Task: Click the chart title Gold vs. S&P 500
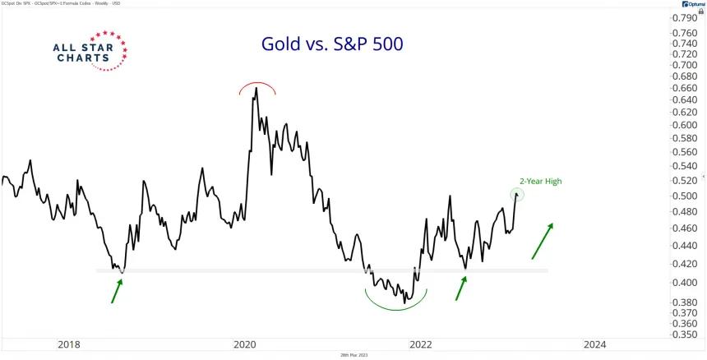(332, 44)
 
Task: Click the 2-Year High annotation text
(540, 181)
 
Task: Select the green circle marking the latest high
(517, 195)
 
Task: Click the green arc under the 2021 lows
(396, 301)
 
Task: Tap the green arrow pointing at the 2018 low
(117, 290)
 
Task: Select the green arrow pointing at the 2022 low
(461, 288)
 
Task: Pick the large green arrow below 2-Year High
(541, 241)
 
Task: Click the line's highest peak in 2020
(256, 89)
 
